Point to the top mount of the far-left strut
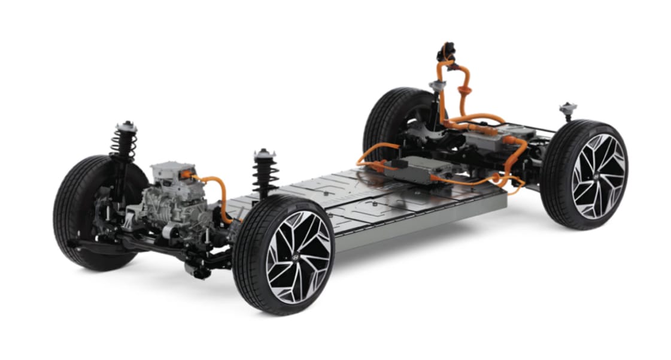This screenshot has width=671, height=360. (x=126, y=126)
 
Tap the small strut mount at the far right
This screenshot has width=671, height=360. (x=566, y=110)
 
